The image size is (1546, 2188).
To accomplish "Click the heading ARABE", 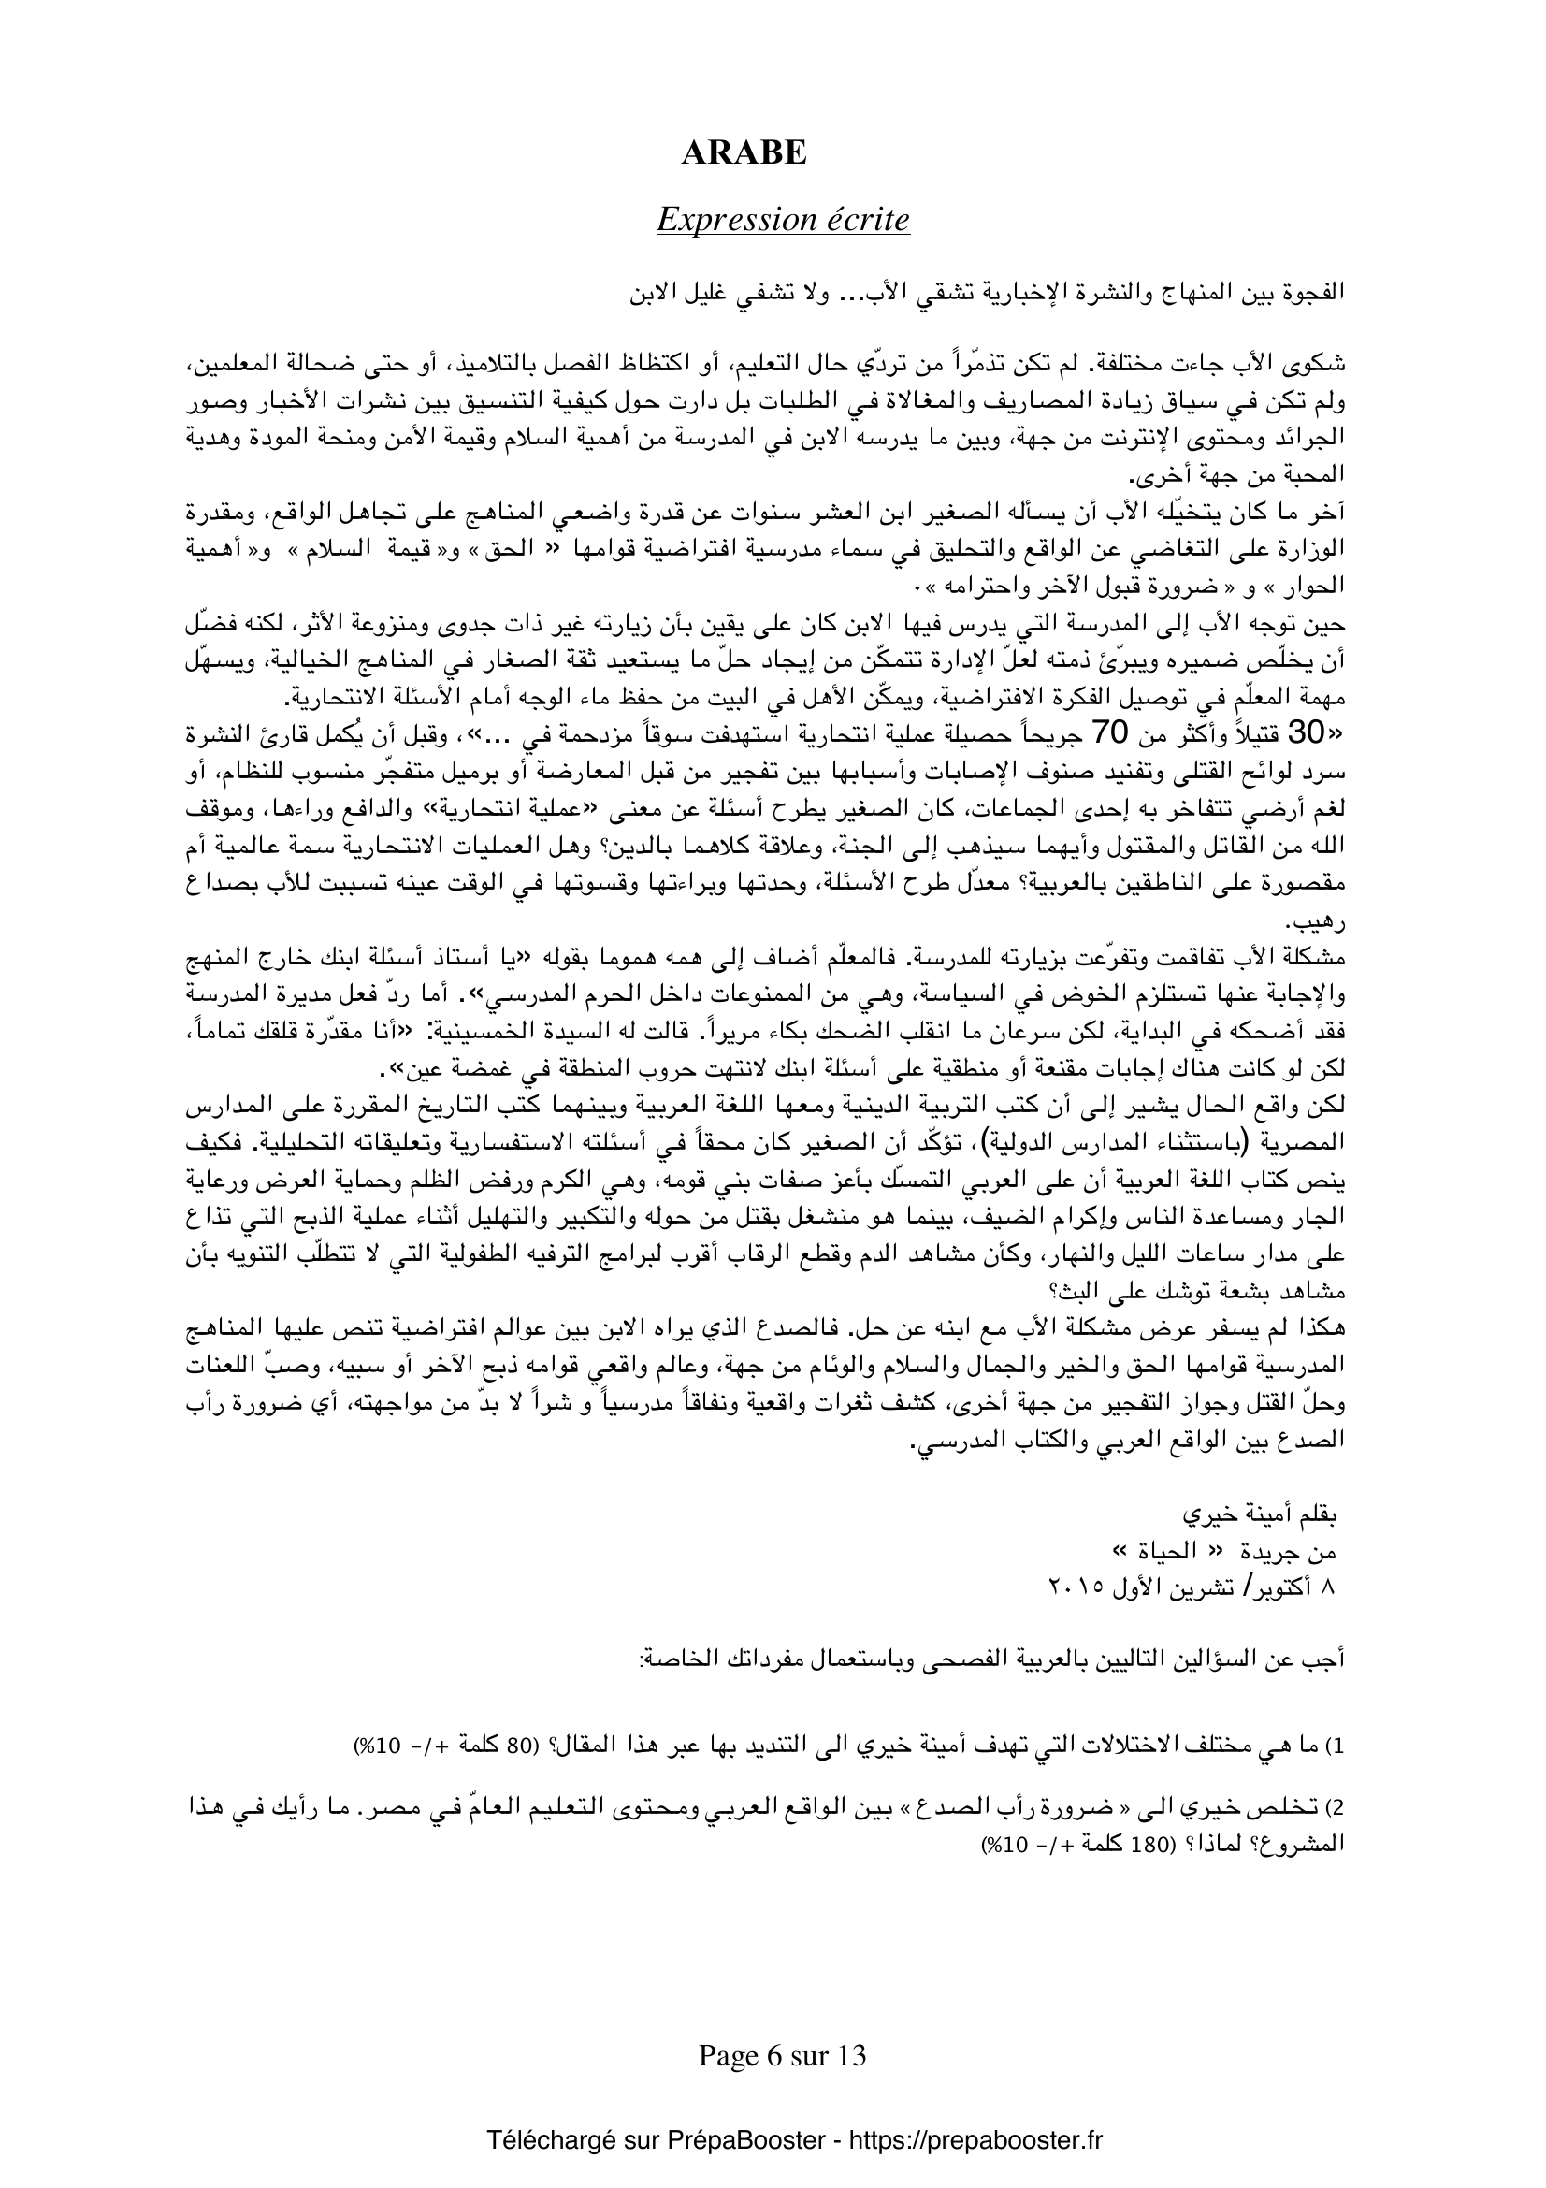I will click(x=744, y=153).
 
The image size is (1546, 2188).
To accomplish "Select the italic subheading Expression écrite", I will click(x=783, y=220).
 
